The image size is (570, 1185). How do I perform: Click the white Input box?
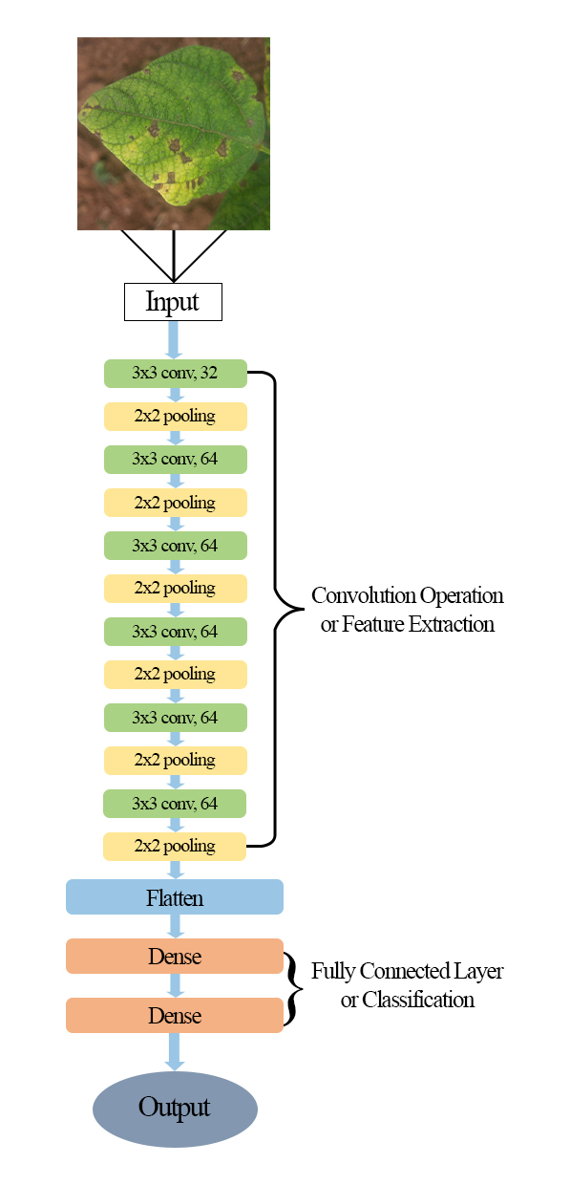(x=174, y=302)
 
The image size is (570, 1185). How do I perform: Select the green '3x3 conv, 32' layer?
(x=175, y=374)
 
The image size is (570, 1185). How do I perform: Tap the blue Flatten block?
(x=175, y=897)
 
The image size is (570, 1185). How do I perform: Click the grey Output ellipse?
(x=175, y=1109)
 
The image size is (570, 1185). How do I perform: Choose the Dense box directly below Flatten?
(x=175, y=956)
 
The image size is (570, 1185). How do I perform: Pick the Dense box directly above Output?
(x=175, y=1015)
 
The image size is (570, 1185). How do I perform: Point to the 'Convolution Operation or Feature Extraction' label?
(x=408, y=610)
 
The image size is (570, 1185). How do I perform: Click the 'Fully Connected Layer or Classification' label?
(x=408, y=985)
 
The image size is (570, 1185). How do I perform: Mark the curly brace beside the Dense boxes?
(x=293, y=985)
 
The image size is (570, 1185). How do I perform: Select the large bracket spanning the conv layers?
(x=277, y=610)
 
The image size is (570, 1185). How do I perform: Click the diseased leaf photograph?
(x=174, y=134)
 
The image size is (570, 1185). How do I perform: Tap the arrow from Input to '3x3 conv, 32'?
(x=174, y=340)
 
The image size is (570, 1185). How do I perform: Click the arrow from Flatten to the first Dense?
(x=175, y=926)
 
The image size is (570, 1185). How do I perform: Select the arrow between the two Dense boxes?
(x=175, y=985)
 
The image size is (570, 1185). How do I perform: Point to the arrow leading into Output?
(x=175, y=1052)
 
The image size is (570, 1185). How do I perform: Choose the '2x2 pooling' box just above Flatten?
(x=175, y=846)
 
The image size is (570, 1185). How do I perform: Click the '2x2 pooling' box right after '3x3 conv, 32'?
(x=175, y=417)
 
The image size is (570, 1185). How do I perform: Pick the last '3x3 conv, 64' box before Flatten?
(x=175, y=804)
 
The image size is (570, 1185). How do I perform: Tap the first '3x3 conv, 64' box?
(x=175, y=460)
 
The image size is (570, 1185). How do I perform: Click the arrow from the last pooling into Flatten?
(x=175, y=870)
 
